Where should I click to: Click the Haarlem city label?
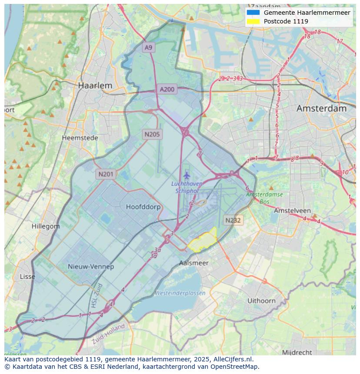point(95,86)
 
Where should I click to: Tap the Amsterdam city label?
point(321,108)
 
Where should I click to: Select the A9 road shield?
point(149,47)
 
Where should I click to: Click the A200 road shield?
point(167,89)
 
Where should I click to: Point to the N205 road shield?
point(152,134)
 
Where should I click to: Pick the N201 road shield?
point(106,174)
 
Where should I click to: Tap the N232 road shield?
point(233,220)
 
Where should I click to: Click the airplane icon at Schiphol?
point(187,175)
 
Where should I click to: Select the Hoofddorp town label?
point(143,207)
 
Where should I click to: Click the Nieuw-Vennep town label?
point(91,266)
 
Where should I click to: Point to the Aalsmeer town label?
point(194,263)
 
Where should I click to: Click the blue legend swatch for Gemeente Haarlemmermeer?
point(253,13)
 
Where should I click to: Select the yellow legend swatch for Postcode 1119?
point(253,21)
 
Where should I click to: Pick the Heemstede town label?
point(80,138)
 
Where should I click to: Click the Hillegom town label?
point(46,226)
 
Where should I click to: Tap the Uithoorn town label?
point(261,300)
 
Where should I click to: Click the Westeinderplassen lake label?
point(180,293)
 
